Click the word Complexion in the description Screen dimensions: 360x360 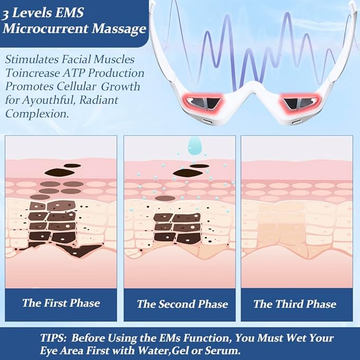pyautogui.click(x=37, y=113)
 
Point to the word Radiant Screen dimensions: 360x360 pyautogui.click(x=99, y=100)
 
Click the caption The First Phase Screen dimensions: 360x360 pyautogui.click(x=61, y=303)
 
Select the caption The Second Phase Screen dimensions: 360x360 pyautogui.click(x=182, y=304)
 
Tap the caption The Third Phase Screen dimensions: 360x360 pyautogui.click(x=295, y=304)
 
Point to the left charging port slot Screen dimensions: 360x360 pyautogui.click(x=206, y=120)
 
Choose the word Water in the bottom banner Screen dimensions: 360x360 pyautogui.click(x=154, y=350)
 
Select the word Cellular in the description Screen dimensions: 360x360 pyautogui.click(x=76, y=86)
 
